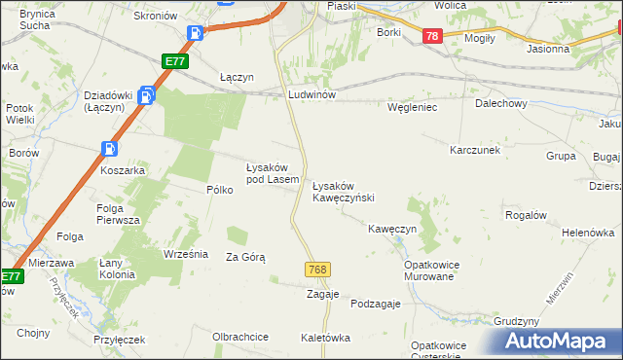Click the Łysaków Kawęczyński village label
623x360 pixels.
343,191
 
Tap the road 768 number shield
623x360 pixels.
315,269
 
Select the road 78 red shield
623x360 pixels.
433,36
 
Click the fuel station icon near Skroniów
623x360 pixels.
195,33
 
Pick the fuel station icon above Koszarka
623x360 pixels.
109,149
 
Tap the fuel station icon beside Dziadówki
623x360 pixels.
146,95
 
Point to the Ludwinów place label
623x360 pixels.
311,95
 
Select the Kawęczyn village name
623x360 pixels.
392,229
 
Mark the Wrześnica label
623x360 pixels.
187,254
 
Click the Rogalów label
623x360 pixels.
525,215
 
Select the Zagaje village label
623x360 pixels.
322,293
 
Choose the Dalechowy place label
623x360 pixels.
501,103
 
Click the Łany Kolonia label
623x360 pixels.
117,269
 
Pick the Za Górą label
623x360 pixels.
245,257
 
